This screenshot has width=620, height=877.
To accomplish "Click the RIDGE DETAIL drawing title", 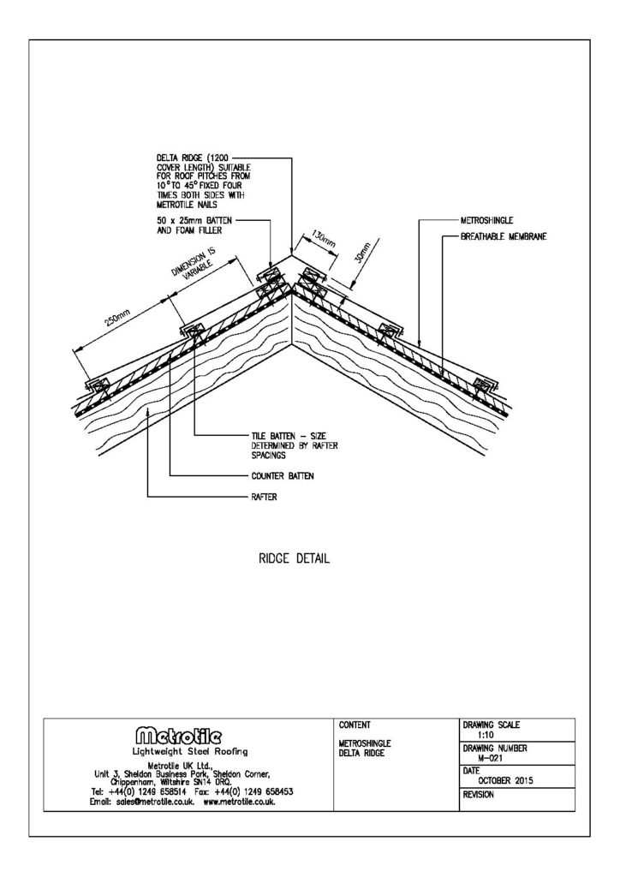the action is tap(294, 558).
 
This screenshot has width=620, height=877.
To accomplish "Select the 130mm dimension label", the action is tap(323, 240).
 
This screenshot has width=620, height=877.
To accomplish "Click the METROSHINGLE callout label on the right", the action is tap(486, 220).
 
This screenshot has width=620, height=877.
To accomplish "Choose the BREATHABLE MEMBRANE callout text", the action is tap(504, 236).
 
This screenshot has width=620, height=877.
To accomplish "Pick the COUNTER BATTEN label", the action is tap(283, 476).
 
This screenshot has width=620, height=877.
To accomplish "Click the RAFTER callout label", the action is tap(264, 497).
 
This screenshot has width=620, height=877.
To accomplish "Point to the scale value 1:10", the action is tap(486, 734).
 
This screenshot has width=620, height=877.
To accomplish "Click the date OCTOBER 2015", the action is tap(505, 781).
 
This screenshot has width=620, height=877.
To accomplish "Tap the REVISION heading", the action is tap(479, 794).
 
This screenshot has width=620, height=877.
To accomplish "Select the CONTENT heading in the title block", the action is tap(355, 725).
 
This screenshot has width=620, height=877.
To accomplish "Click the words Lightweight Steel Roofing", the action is tap(189, 752).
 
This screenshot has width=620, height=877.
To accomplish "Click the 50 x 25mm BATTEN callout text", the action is tap(194, 225).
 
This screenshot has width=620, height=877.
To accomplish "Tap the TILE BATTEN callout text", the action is tap(295, 445).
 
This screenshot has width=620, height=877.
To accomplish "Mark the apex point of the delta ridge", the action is tap(291, 254).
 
